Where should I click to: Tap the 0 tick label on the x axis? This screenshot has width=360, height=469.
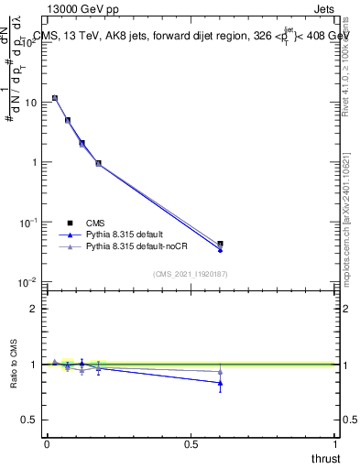47,442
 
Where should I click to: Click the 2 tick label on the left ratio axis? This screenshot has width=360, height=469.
34,309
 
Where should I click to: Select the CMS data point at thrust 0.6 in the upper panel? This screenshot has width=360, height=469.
220,244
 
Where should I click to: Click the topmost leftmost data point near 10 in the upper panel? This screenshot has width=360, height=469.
55,98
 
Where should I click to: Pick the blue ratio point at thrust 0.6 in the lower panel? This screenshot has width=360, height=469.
220,383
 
